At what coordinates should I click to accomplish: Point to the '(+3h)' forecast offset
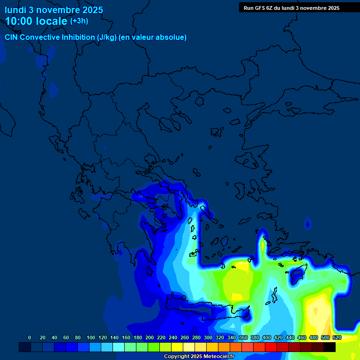point(79,21)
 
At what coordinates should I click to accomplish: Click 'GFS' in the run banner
point(262,7)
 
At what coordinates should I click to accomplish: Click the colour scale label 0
point(30,337)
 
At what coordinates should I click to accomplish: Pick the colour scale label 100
point(90,337)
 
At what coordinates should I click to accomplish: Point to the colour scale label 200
point(150,337)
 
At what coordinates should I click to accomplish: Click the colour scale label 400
point(266,337)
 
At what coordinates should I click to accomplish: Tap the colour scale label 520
point(337,337)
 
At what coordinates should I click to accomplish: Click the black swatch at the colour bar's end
point(330,347)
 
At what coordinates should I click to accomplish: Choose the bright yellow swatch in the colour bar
point(177,347)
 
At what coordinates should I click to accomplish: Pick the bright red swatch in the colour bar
point(270,347)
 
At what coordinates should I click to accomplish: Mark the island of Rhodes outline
point(297,274)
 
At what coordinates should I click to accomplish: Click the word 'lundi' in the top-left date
point(15,10)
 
